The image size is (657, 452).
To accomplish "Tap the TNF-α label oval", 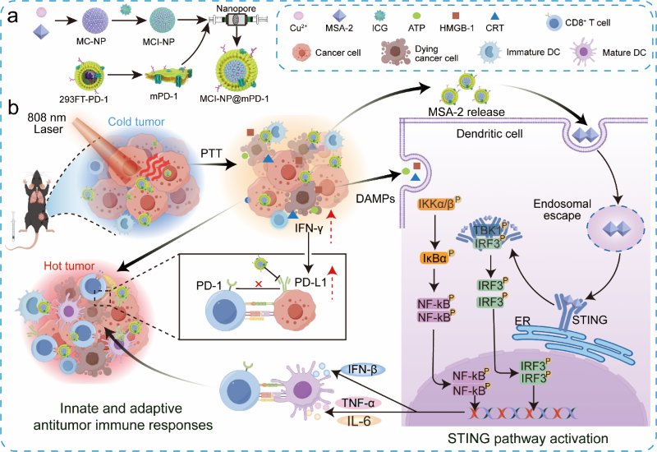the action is tap(358, 403).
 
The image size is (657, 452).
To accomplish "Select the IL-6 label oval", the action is tap(359, 421).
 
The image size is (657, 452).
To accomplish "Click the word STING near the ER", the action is tap(590, 320).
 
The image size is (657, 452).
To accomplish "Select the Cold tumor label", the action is tap(136, 122).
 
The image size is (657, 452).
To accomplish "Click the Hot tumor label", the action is tap(69, 265).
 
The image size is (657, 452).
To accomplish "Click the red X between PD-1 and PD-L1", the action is tap(259, 284).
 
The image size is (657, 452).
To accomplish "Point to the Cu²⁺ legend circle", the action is tap(299, 16).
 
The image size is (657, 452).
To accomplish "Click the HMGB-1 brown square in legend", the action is tap(456, 16).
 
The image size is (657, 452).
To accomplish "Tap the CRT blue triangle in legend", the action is tap(495, 16).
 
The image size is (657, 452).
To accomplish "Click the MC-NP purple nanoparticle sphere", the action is tap(95, 21).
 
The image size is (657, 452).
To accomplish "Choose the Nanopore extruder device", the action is tap(238, 19).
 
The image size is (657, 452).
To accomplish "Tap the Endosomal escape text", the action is tap(562, 210).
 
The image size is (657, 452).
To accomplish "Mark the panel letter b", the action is tap(14, 108).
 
